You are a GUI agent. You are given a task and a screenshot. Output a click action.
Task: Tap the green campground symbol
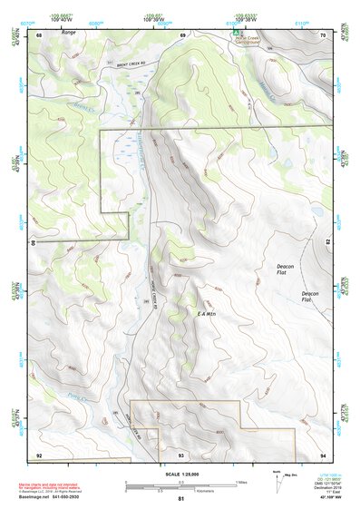coord(235,31)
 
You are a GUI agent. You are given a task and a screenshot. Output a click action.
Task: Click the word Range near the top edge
coord(69,33)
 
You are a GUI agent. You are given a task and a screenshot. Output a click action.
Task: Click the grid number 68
coord(40,34)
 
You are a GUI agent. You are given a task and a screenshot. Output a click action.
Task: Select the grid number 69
coord(182,34)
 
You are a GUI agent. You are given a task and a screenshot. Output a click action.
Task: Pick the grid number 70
coord(322,34)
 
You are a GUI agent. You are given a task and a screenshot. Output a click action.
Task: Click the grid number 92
coord(39,454)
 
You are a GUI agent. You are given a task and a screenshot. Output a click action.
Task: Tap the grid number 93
coord(180,454)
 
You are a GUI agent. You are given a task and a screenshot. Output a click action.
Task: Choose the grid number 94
coord(322,454)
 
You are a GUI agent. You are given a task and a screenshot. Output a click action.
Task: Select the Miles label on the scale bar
coord(240,480)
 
